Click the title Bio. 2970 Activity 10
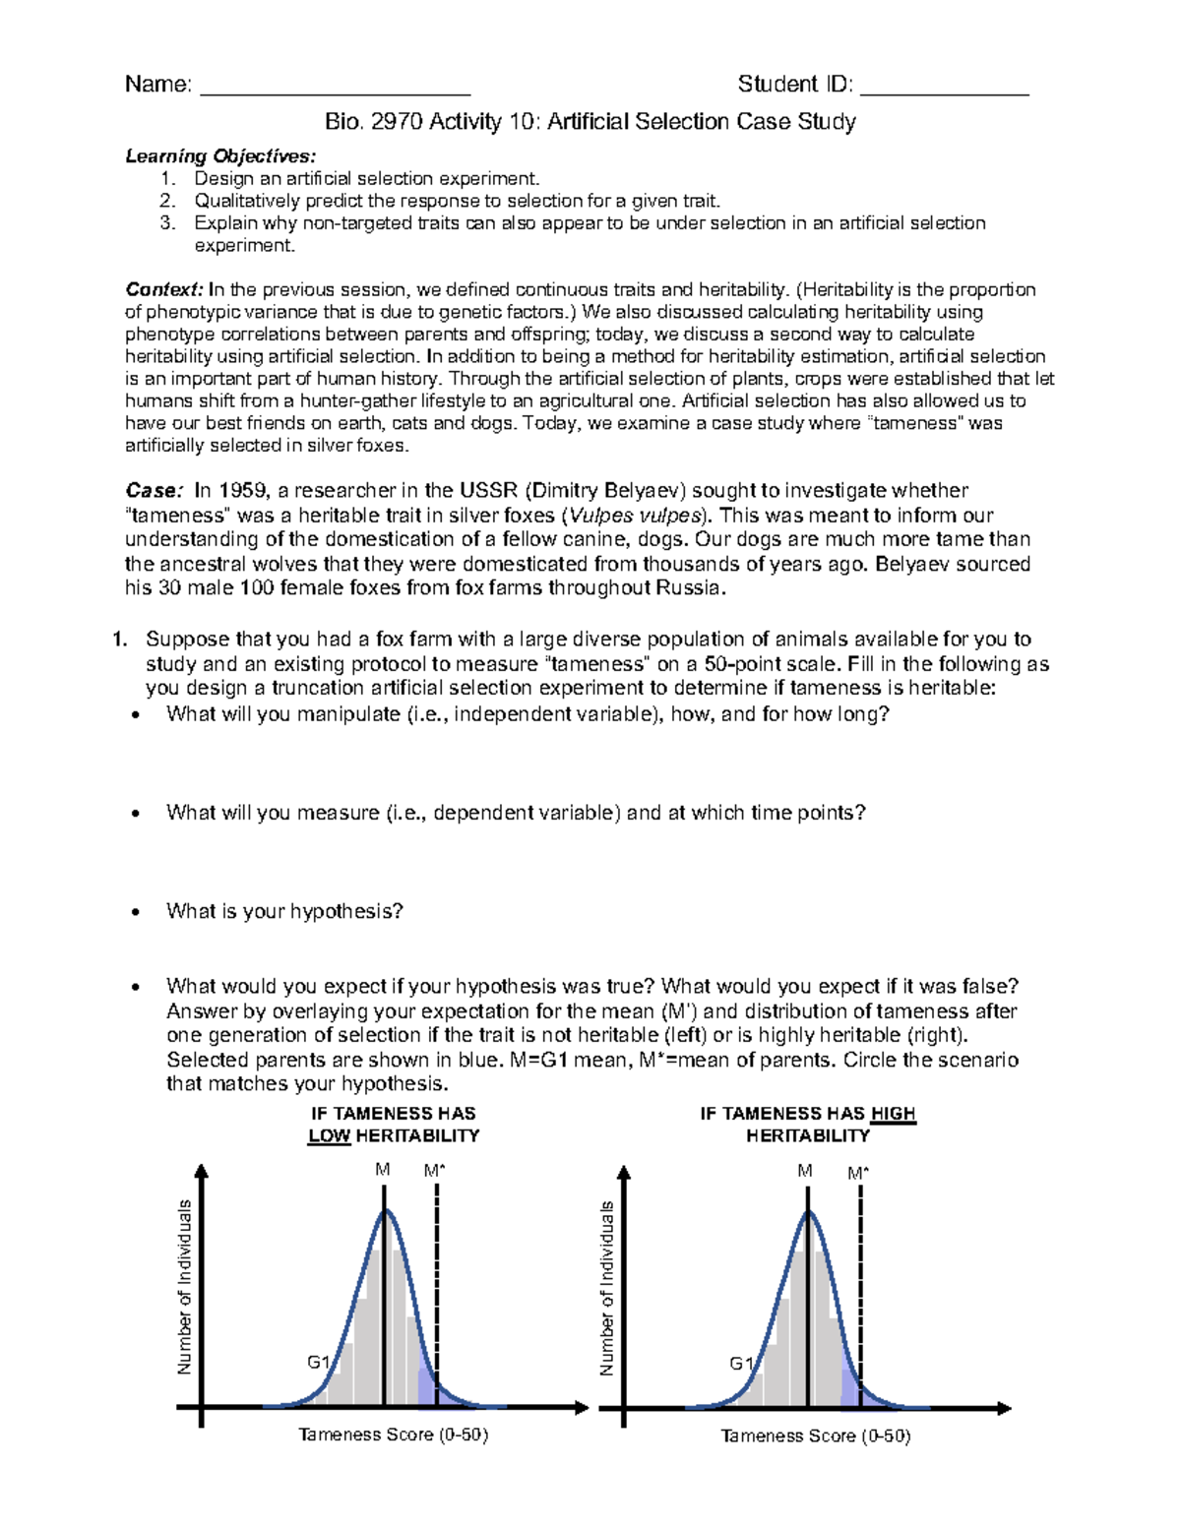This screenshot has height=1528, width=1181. tap(590, 122)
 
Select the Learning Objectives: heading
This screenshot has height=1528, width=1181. tap(220, 156)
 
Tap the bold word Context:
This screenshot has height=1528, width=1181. tap(163, 290)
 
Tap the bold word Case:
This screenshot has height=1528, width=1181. tap(154, 491)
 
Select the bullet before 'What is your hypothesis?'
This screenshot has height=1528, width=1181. tap(137, 913)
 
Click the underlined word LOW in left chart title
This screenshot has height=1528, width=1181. tap(329, 1136)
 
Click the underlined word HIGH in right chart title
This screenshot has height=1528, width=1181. tap(893, 1114)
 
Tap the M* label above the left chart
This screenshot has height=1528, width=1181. tap(435, 1171)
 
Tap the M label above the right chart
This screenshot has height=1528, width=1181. tap(805, 1171)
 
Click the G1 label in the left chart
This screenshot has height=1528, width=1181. tap(318, 1363)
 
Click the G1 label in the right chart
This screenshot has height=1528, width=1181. tap(740, 1364)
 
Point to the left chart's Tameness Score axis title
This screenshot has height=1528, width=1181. tap(393, 1435)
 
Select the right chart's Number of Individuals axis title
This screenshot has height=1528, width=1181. tap(606, 1288)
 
